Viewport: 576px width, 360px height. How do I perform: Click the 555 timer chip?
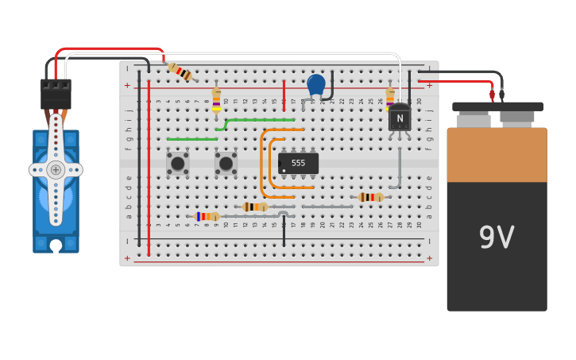299,163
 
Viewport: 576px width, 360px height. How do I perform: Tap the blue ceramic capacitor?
316,83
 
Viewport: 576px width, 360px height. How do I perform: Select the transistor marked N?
400,118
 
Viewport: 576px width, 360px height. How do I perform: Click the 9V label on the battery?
497,238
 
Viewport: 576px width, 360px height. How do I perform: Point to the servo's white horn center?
56,169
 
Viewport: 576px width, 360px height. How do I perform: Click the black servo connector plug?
56,94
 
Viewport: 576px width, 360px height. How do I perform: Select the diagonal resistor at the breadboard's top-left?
181,72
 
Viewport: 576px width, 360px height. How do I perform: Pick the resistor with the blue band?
207,216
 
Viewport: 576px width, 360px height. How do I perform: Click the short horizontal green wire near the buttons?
191,139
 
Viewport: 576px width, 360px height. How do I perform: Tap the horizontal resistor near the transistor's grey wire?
370,197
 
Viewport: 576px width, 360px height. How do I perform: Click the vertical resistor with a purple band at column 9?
216,100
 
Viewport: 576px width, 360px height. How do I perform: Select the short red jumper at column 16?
284,95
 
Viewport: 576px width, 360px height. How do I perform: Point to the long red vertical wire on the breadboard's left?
149,167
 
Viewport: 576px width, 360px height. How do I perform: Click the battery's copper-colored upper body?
497,155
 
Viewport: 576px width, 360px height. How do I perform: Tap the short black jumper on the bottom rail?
284,230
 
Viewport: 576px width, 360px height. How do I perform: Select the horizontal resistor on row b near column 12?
255,207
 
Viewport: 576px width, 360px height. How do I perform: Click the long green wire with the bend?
262,120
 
